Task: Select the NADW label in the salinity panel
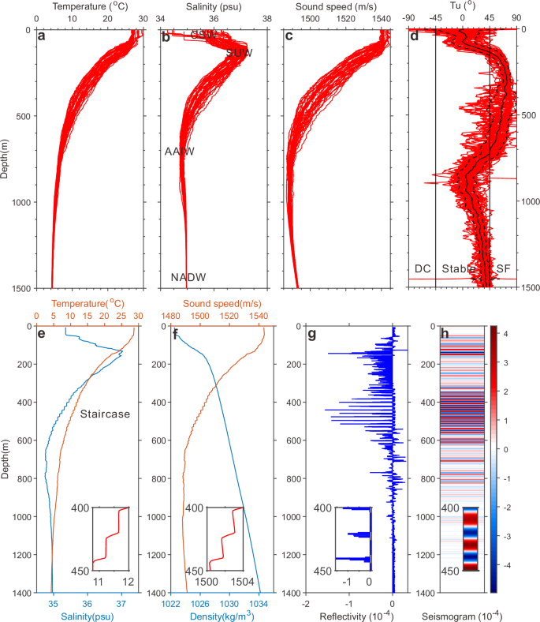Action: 186,277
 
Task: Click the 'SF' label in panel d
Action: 503,269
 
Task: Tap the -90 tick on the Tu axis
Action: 408,17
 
